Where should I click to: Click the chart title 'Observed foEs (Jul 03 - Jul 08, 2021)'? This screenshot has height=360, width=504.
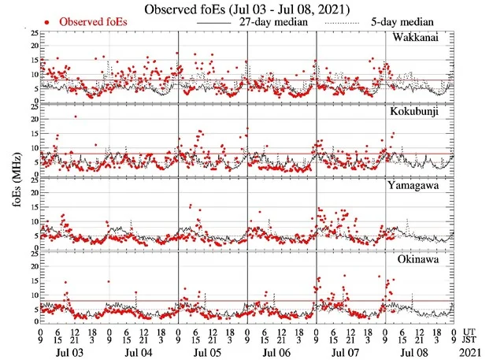[251, 9]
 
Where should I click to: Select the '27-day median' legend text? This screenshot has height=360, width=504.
[272, 21]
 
